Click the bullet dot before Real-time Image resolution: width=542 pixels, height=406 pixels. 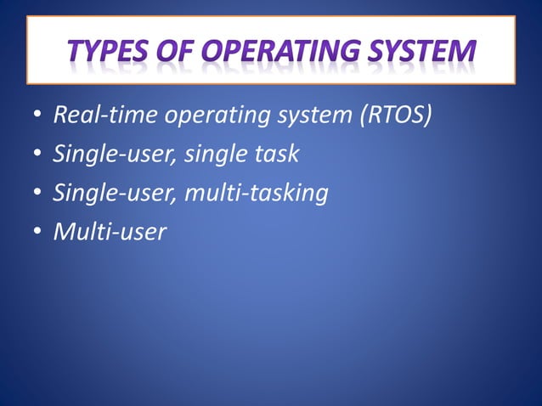[x=37, y=116]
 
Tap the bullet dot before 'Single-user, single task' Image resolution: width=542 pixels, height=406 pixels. [x=37, y=155]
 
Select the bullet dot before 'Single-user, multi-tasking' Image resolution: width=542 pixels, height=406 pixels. [x=37, y=194]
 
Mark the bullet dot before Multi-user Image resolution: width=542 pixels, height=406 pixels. [x=37, y=233]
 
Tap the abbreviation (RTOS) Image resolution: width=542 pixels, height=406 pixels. [x=396, y=116]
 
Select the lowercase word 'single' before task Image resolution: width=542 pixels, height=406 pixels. [x=216, y=156]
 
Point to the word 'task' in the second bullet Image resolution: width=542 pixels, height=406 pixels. [x=279, y=155]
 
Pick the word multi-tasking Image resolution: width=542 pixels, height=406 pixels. [x=256, y=195]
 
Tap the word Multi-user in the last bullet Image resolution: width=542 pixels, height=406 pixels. [x=110, y=232]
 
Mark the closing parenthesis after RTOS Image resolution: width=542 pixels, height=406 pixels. [x=428, y=116]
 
